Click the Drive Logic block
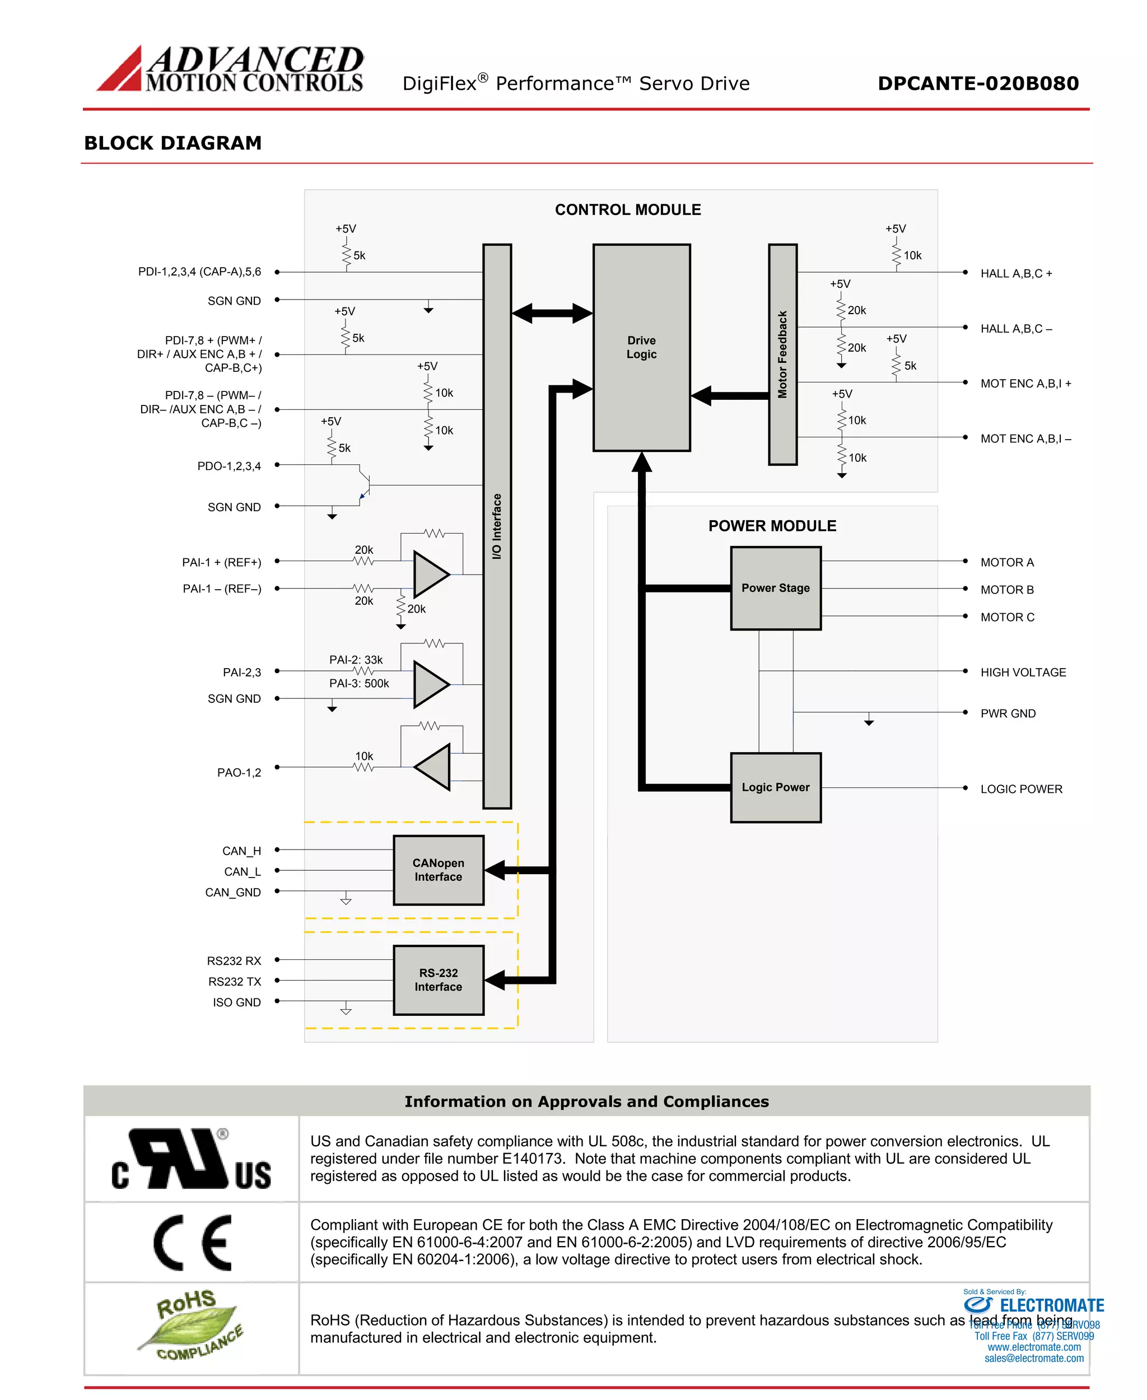tap(641, 348)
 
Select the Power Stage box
tap(775, 588)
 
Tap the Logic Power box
tap(775, 787)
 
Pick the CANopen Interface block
tap(438, 870)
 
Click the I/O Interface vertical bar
tap(497, 526)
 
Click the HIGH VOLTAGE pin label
tap(1023, 672)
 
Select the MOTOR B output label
tap(1007, 589)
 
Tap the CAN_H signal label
tap(241, 851)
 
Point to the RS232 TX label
tap(235, 981)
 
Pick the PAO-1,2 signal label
tap(239, 772)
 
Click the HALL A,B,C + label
tap(1016, 273)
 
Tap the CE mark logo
tap(192, 1242)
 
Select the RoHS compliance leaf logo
tap(191, 1326)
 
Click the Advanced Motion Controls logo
tap(230, 68)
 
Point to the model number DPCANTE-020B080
tap(978, 83)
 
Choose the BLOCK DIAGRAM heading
tap(173, 143)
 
